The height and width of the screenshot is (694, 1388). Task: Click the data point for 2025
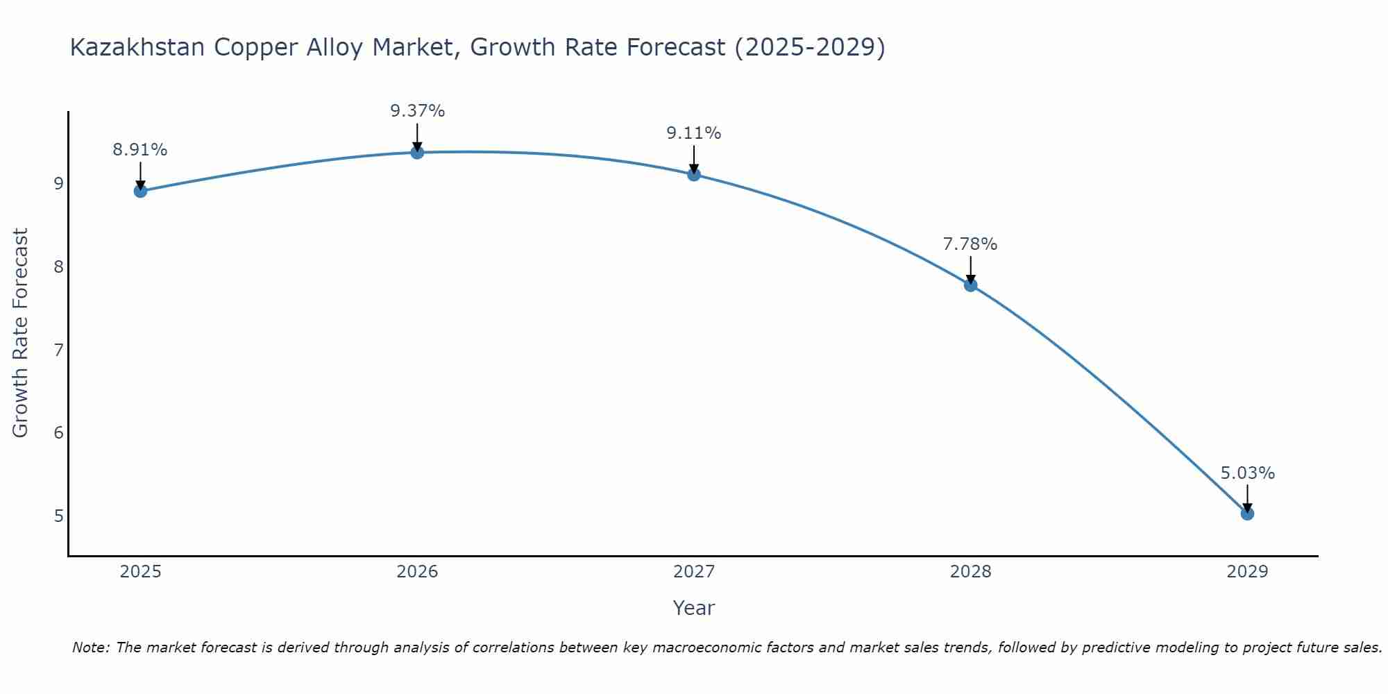(x=140, y=191)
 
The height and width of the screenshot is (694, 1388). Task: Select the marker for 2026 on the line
(x=417, y=152)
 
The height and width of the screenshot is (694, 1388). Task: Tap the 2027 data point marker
(x=694, y=174)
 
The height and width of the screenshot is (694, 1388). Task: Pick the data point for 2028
(x=970, y=285)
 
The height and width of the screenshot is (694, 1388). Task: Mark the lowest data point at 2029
(x=1247, y=514)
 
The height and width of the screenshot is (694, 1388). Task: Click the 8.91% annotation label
(x=140, y=150)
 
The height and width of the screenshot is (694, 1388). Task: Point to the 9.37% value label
(x=417, y=111)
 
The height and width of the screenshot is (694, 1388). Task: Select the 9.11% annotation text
(x=694, y=133)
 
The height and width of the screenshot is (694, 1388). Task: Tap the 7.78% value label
(x=970, y=244)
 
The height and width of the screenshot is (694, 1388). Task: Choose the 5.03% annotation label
(x=1247, y=473)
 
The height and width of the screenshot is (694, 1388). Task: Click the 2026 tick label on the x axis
(x=417, y=572)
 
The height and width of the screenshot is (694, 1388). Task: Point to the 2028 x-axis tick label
(x=970, y=572)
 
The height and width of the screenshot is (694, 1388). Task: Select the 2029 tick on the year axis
(x=1247, y=572)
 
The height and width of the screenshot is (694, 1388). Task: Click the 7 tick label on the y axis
(x=58, y=350)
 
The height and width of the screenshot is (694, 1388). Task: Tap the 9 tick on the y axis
(x=58, y=184)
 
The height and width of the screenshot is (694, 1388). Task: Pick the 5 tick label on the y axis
(x=58, y=516)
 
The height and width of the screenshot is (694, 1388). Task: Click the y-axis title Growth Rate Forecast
(x=21, y=333)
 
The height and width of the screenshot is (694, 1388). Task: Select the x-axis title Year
(x=694, y=608)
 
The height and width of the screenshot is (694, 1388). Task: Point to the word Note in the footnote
(x=90, y=648)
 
